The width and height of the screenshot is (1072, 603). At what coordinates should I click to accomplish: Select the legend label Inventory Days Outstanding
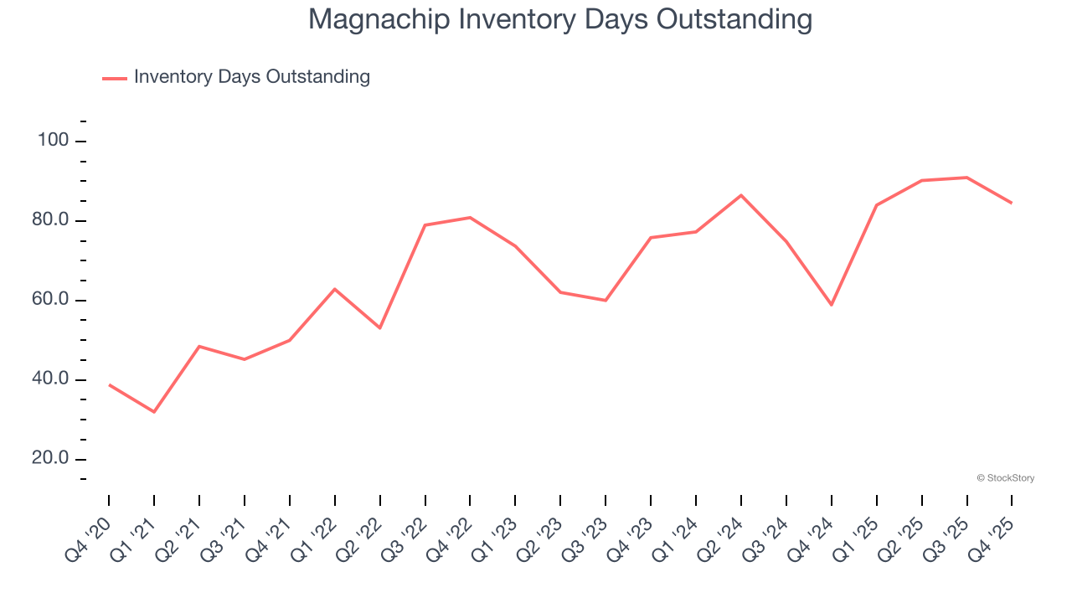point(251,77)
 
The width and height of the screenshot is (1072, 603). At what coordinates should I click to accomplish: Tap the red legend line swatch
point(114,78)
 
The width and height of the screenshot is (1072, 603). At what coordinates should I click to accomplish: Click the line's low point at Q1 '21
point(154,412)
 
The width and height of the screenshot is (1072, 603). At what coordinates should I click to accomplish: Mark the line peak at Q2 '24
point(741,195)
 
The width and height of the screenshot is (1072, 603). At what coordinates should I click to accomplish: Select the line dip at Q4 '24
point(832,305)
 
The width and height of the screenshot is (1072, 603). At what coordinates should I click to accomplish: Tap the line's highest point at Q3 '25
point(967,178)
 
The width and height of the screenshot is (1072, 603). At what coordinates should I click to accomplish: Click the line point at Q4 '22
point(470,218)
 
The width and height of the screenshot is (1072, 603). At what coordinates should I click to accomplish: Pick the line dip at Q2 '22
point(380,327)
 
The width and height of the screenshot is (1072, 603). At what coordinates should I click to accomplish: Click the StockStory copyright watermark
point(1005,478)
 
